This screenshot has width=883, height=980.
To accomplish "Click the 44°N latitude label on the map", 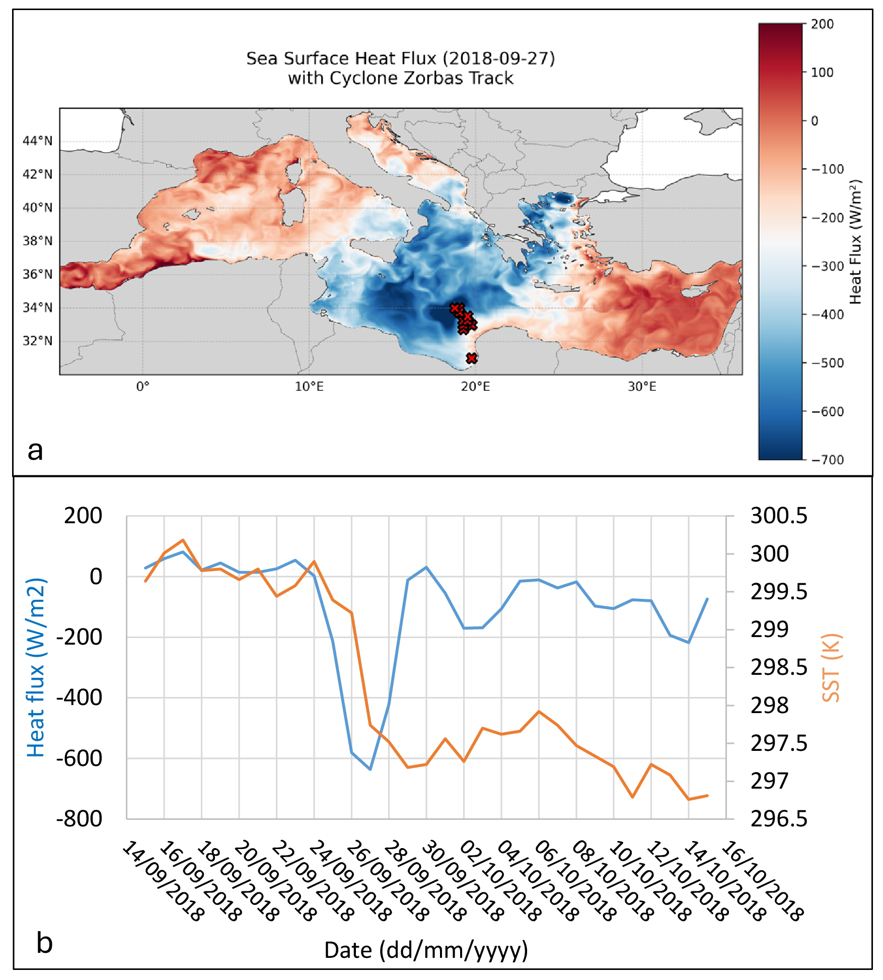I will tap(37, 141).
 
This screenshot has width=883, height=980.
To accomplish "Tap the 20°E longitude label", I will tap(475, 387).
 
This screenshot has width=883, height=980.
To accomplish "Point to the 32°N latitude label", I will tap(37, 341).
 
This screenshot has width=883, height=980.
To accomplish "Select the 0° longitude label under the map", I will tap(143, 387).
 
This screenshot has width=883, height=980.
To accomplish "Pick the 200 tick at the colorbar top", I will tap(822, 24).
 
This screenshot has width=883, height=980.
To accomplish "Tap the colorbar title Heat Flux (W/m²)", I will tap(855, 242).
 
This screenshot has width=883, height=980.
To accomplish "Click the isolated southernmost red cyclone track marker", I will tap(471, 358).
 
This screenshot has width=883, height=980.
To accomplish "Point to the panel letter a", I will tap(35, 450).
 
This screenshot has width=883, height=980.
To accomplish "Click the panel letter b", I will tap(44, 943).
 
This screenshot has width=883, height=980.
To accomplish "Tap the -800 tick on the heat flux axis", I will tap(80, 819).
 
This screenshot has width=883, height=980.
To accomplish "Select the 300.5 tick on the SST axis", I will tap(778, 516).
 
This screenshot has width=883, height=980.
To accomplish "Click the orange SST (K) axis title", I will tap(831, 668).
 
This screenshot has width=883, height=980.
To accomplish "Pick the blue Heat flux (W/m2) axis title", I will tap(36, 668).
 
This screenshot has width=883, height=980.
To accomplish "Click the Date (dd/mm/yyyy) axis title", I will tap(426, 950).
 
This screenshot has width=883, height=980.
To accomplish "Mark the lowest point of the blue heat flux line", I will tap(371, 769).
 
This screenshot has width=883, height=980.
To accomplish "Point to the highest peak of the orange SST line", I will tap(183, 540).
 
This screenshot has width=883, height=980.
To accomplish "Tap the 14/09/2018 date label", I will tap(164, 881).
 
